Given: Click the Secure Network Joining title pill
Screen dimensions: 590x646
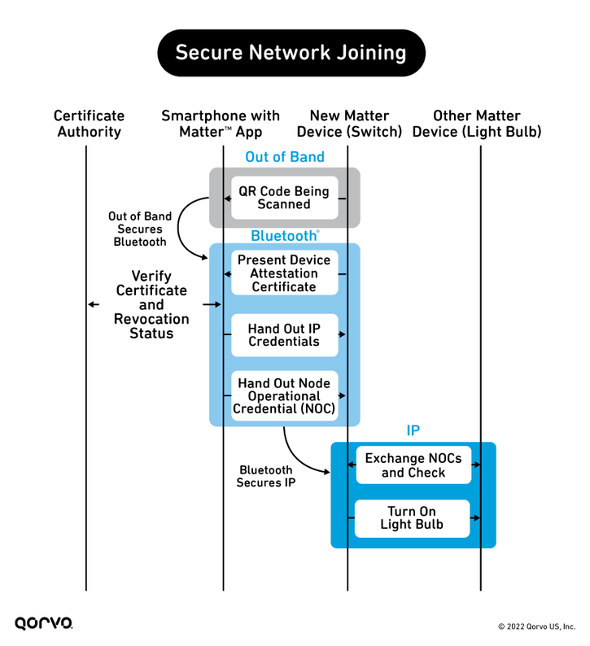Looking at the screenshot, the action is [x=291, y=53].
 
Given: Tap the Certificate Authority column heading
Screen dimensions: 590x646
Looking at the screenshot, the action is [x=89, y=124].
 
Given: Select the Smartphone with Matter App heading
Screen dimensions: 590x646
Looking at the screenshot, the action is [x=221, y=124].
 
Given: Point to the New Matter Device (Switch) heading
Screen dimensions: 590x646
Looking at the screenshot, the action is [x=349, y=124].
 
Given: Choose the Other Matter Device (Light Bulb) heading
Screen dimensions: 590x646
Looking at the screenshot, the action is [x=477, y=124].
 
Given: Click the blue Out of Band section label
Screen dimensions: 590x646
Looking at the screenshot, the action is [x=285, y=157].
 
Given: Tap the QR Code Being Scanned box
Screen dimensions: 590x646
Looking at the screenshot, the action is [x=284, y=198].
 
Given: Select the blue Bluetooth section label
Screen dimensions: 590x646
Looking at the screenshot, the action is [x=285, y=236].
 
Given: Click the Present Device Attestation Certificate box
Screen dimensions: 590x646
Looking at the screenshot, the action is [x=284, y=273].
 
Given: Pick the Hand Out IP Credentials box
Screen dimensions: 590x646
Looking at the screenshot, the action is [x=284, y=335].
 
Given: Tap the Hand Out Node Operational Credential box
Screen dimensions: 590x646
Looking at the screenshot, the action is [x=284, y=395].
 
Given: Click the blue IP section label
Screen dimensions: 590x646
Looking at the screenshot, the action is [x=413, y=430].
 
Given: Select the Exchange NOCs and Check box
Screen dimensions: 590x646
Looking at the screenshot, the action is [x=413, y=465].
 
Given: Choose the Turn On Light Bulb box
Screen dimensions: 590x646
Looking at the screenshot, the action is [x=412, y=518].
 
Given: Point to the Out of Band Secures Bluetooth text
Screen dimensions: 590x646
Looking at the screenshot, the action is [x=140, y=229].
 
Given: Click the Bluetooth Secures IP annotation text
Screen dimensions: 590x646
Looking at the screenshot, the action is [x=266, y=476].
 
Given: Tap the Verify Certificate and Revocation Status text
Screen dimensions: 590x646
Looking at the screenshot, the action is [x=151, y=304].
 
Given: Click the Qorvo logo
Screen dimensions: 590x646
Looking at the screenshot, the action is [x=44, y=622].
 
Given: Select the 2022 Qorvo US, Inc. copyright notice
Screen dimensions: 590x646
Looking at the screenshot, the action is [x=536, y=626].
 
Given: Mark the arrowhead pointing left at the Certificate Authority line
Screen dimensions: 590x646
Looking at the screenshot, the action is [x=90, y=304].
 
